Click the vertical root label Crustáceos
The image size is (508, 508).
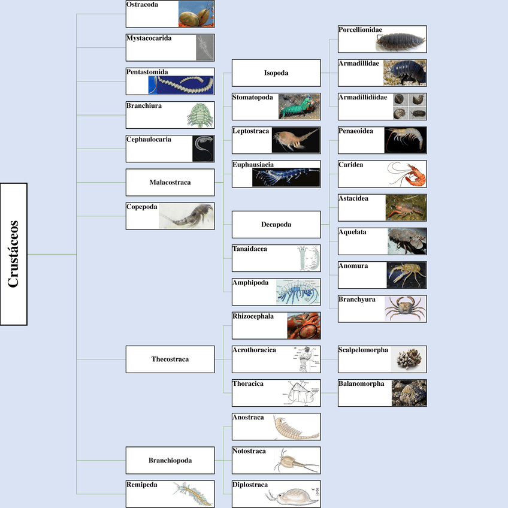tap(14, 254)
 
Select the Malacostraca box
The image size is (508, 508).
tap(170, 182)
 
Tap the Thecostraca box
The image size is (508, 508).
tap(170, 359)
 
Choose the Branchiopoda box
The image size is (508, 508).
tap(170, 461)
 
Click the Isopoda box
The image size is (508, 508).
tap(276, 73)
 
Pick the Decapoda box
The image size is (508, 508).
tap(276, 225)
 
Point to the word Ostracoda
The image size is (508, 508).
tap(142, 5)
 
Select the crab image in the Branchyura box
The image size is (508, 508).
tap(406, 309)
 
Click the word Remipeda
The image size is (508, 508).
tap(142, 485)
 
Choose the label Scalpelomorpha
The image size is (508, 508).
tap(363, 350)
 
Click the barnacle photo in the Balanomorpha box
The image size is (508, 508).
tap(409, 393)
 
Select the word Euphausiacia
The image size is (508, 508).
tap(253, 164)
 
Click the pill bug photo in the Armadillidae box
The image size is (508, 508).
tap(405, 72)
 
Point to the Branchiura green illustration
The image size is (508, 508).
tap(196, 115)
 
